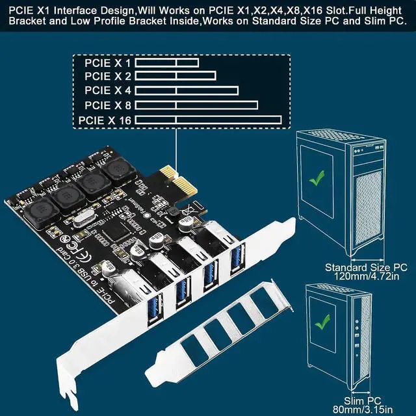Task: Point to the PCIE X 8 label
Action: [107, 105]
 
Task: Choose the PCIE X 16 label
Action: [105, 120]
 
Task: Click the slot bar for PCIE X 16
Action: [208, 120]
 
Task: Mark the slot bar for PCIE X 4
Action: [187, 91]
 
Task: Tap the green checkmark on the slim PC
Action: [320, 320]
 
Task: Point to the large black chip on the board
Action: [124, 232]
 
